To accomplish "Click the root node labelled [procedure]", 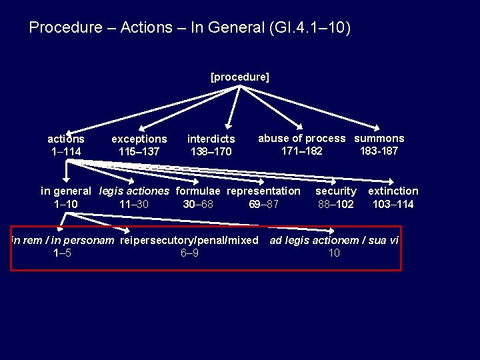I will pos(240,77).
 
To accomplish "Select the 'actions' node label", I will pos(66,139).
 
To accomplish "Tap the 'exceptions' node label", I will pos(139,139).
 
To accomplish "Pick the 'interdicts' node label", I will pos(211,139).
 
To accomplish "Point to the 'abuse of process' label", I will pos(302,139).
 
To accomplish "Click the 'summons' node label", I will pos(379,139).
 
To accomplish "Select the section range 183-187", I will pos(379,151).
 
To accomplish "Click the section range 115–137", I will pos(139,152).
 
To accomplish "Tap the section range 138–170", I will pos(211,152).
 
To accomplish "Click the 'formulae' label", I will pos(199,191).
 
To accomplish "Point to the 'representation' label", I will pos(264,191).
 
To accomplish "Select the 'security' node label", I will pos(336,191).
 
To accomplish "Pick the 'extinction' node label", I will pos(393,191).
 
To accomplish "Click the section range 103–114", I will pos(393,204).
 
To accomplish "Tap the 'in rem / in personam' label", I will pos(63,240).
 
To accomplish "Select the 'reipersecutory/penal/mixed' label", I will pos(189,240).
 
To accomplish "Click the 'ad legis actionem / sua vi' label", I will pos(334,240).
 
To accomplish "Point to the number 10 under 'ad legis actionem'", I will pos(334,253).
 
